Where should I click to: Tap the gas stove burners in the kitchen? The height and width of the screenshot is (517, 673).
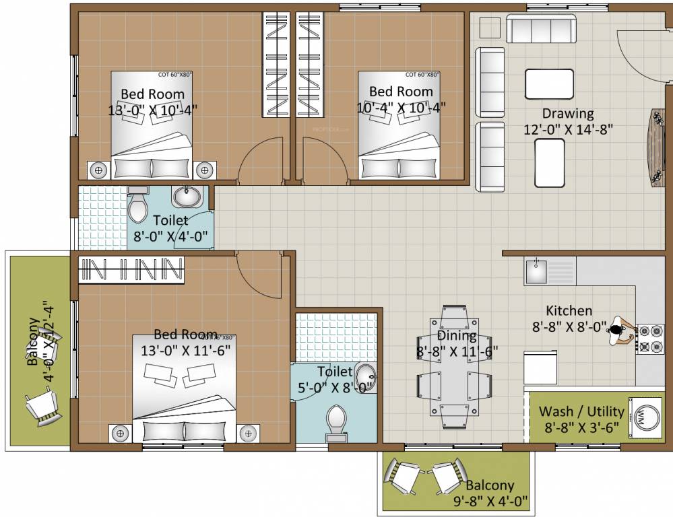tap(650, 339)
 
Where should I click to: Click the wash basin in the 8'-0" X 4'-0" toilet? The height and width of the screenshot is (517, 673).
tap(186, 197)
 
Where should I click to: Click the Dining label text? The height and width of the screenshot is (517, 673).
tap(456, 335)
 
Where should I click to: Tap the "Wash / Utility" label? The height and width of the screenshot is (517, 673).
tap(581, 411)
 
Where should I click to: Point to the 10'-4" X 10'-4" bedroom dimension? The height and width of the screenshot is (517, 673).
tap(401, 107)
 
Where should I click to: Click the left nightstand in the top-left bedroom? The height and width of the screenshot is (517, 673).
tap(98, 170)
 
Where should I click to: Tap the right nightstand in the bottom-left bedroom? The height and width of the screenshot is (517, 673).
tap(249, 433)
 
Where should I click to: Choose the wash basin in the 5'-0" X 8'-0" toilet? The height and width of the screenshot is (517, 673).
tap(364, 374)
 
